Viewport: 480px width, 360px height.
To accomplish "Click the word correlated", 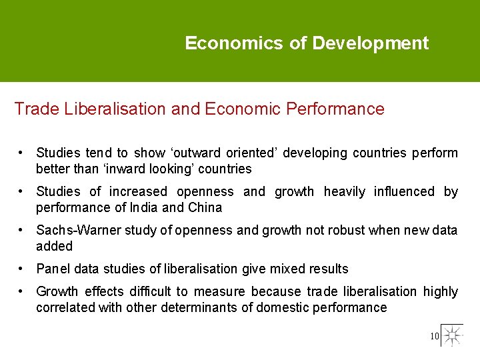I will tap(66, 307).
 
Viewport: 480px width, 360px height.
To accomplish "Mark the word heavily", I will tap(345, 192).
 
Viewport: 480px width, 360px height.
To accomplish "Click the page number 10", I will tap(434, 337).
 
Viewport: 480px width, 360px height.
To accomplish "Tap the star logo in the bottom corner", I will tap(453, 335).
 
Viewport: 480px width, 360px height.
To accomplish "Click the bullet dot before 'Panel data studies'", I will tap(22, 268).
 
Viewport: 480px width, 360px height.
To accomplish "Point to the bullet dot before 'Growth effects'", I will tap(22, 291).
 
